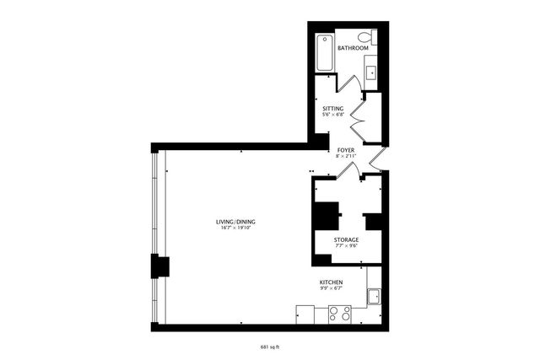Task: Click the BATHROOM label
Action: pyautogui.click(x=353, y=48)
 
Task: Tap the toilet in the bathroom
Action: pyautogui.click(x=366, y=37)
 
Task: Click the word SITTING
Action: pyautogui.click(x=333, y=109)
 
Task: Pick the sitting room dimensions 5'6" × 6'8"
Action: pyautogui.click(x=333, y=116)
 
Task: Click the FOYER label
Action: pyautogui.click(x=345, y=150)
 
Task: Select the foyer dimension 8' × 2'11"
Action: pyautogui.click(x=345, y=157)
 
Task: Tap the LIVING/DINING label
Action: pyautogui.click(x=237, y=222)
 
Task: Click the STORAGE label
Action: pyautogui.click(x=346, y=240)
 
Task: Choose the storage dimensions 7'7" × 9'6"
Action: pyautogui.click(x=346, y=247)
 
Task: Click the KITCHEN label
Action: pyautogui.click(x=331, y=282)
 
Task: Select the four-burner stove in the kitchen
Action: pyautogui.click(x=339, y=314)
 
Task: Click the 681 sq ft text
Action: pyautogui.click(x=271, y=346)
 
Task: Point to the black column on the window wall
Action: pyautogui.click(x=158, y=266)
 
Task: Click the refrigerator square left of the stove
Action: pyautogui.click(x=305, y=314)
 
